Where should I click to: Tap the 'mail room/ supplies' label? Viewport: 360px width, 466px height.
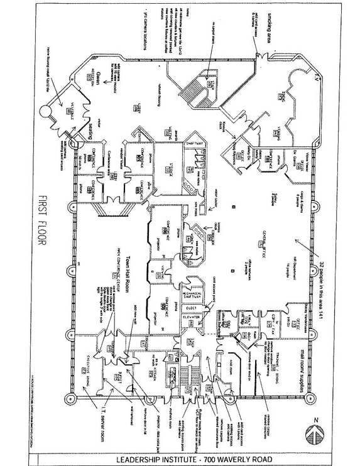pyautogui.click(x=308, y=370)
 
